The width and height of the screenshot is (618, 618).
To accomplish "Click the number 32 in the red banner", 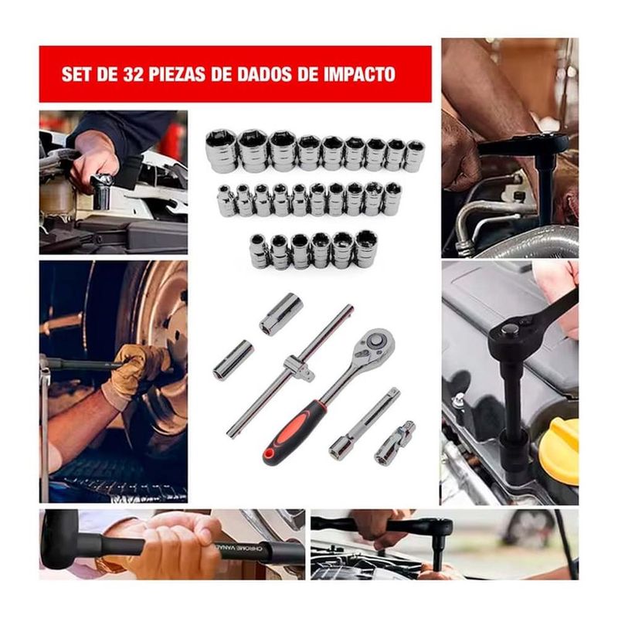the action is click(x=133, y=74).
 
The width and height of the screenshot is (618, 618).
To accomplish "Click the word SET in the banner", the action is click(x=76, y=74).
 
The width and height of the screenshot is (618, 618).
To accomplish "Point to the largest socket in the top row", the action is click(x=221, y=151).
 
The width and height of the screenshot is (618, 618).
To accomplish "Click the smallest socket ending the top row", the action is click(x=413, y=156).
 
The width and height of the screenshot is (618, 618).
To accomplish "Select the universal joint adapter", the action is click(x=395, y=441).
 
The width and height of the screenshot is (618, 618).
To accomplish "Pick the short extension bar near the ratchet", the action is click(x=365, y=422).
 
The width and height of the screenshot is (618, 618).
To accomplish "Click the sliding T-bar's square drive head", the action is click(x=300, y=366).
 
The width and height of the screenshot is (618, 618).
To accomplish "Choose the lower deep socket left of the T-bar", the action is click(x=233, y=360).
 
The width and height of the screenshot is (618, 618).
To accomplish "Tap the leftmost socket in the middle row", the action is click(x=226, y=201).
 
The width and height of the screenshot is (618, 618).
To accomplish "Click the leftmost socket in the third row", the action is click(x=260, y=251).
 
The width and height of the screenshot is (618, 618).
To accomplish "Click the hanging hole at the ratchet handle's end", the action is click(x=270, y=454).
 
